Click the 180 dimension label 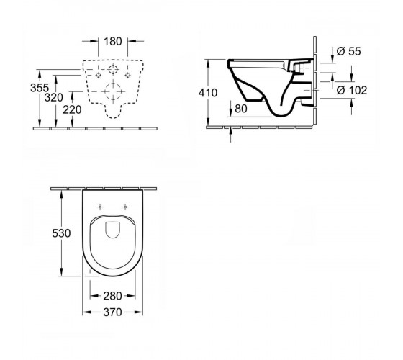click(x=113, y=41)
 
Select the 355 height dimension click(x=40, y=88)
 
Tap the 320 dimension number click(x=54, y=98)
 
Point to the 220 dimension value click(x=72, y=109)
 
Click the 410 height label click(x=208, y=93)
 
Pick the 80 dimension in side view click(x=241, y=109)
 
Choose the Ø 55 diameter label click(x=349, y=51)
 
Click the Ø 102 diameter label click(x=352, y=90)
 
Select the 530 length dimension click(x=61, y=233)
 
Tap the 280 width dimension click(x=112, y=296)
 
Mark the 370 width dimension click(x=112, y=312)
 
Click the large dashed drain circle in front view click(x=113, y=91)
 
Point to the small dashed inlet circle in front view click(x=113, y=70)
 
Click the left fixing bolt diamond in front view click(x=98, y=76)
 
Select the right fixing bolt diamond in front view click(x=128, y=76)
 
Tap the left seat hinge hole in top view click(x=100, y=207)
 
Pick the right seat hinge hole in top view click(x=125, y=207)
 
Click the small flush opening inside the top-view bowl click(x=112, y=230)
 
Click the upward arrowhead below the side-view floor click(x=231, y=131)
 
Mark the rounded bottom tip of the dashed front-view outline click(x=113, y=118)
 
